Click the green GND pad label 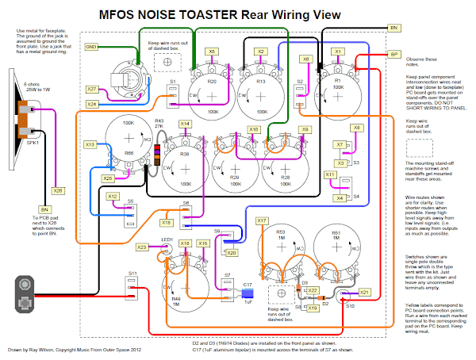(x=91, y=47)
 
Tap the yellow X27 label (x=92, y=90)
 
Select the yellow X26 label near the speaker (x=57, y=190)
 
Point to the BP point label (x=394, y=54)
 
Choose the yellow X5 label (x=212, y=51)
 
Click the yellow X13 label (x=90, y=144)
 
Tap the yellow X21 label (x=365, y=293)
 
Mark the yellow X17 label (x=263, y=220)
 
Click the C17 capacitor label (x=248, y=284)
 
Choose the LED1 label (x=167, y=239)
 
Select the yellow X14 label (x=184, y=124)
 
